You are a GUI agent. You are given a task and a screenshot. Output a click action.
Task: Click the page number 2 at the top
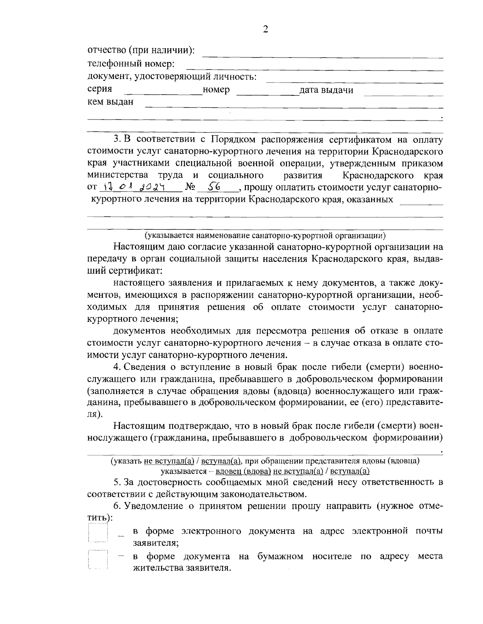(x=265, y=29)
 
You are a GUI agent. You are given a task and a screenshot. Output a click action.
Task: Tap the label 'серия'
(x=99, y=89)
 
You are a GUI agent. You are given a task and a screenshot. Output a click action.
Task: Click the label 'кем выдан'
(x=110, y=102)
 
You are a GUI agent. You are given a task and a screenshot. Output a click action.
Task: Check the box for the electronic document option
(x=98, y=534)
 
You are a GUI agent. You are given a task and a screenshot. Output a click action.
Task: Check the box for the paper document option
(x=98, y=560)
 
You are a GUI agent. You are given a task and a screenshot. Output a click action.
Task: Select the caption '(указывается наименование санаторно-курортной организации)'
(x=265, y=235)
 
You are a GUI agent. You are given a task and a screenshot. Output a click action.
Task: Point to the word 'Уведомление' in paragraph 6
(x=155, y=506)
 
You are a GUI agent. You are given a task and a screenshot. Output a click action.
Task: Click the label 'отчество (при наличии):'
(x=141, y=51)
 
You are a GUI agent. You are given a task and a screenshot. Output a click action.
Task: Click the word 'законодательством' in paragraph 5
(x=266, y=494)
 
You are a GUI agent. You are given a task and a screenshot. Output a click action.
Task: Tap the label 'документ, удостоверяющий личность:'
(x=172, y=76)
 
